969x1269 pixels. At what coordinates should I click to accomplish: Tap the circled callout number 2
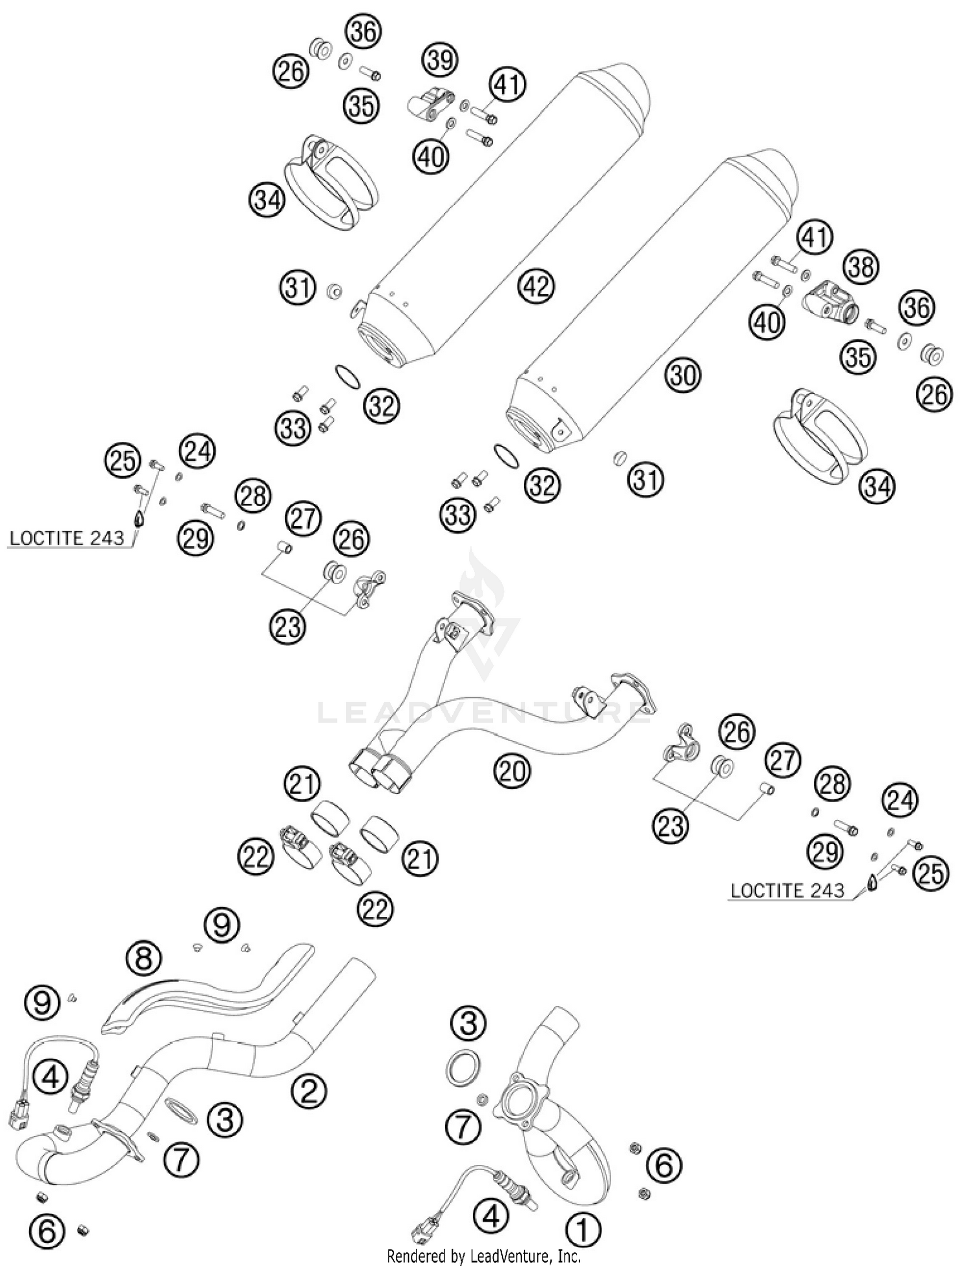[309, 1091]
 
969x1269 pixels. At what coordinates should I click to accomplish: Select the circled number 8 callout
[143, 958]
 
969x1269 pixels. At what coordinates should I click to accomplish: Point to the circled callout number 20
[512, 770]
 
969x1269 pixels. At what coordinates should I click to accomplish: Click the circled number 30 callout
[683, 375]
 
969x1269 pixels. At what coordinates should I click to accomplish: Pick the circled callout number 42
[537, 285]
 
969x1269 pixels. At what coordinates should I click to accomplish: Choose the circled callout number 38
[861, 266]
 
